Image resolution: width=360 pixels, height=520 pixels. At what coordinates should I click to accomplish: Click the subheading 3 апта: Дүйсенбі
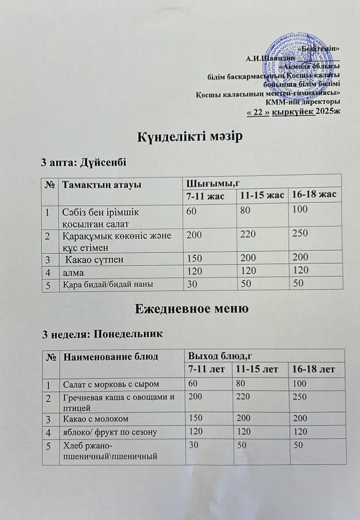click(x=84, y=162)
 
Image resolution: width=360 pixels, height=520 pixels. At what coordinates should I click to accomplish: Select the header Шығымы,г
click(x=210, y=183)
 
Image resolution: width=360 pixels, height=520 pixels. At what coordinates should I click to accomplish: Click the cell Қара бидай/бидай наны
click(x=108, y=284)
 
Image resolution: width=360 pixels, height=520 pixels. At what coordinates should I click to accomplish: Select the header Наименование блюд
click(x=108, y=356)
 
